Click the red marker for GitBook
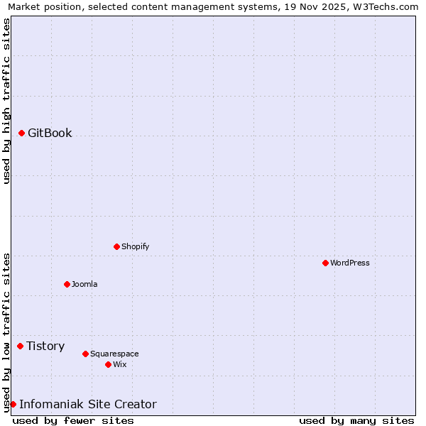point(22,133)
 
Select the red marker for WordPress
point(325,263)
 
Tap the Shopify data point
point(116,246)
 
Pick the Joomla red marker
point(67,284)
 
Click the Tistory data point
point(21,346)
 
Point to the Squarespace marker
point(85,354)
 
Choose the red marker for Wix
point(108,364)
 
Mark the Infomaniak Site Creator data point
point(13,404)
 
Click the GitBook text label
point(50,133)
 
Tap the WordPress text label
point(350,263)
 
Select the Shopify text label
point(135,246)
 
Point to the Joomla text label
point(84,284)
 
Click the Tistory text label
point(45,346)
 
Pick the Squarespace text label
point(114,354)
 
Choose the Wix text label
point(119,364)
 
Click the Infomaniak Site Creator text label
point(88,404)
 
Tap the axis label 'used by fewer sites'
point(73,420)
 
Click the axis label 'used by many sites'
point(356,420)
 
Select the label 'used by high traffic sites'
point(6,101)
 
